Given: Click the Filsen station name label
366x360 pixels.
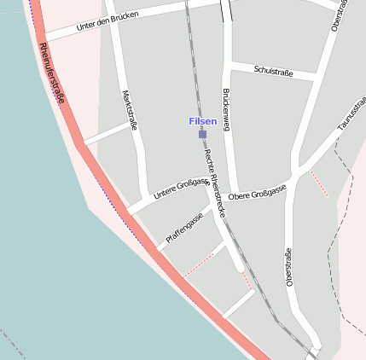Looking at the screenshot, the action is click(202, 122).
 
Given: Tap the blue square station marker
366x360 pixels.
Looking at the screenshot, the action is click(202, 134).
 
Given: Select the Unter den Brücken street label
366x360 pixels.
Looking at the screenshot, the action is click(107, 22).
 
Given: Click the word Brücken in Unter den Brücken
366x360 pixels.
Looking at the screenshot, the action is click(124, 19).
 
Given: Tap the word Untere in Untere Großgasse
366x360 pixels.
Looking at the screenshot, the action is click(165, 195).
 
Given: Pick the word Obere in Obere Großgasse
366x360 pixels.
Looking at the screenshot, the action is click(241, 195).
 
